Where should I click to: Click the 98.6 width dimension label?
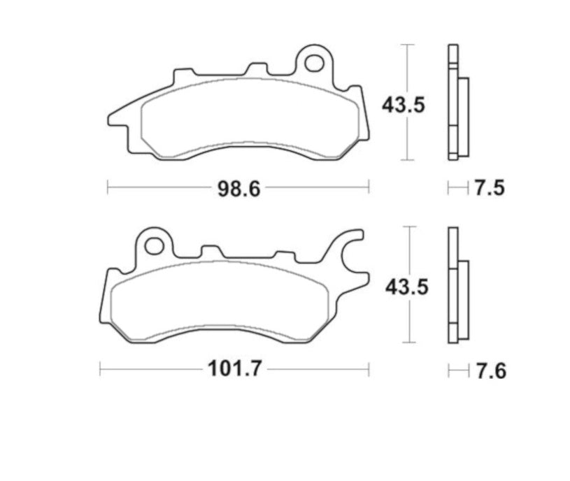[x=238, y=188]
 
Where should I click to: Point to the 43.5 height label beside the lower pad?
[x=404, y=287]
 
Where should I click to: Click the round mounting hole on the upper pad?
[x=314, y=63]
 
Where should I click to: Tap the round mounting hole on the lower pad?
[x=154, y=245]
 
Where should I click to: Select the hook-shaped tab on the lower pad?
[x=352, y=255]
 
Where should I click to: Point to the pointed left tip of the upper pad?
[x=110, y=117]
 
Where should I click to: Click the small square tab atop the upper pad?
[x=258, y=70]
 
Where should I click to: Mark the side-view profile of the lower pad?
[x=458, y=285]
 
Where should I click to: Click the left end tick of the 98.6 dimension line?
[x=107, y=187]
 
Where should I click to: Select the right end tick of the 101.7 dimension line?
[x=370, y=369]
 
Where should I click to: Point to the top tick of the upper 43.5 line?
[x=408, y=45]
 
